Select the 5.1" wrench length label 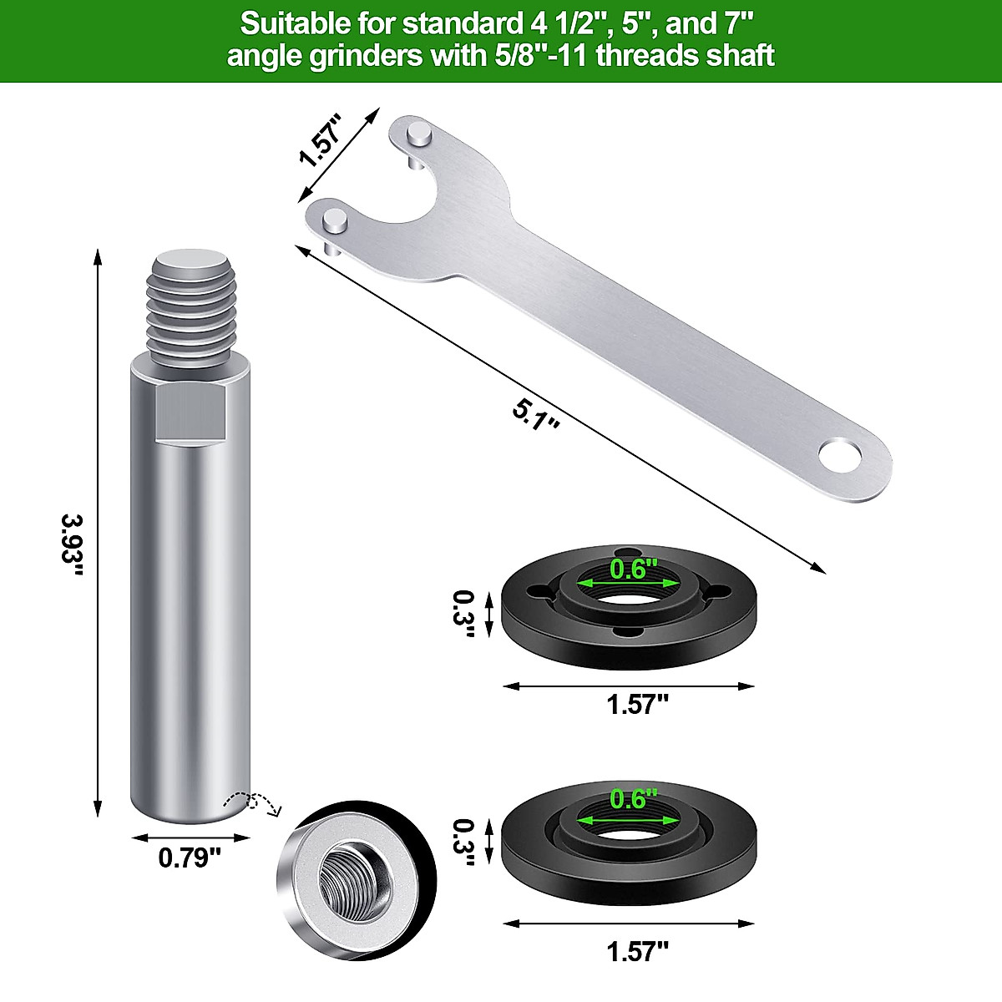pyautogui.click(x=535, y=414)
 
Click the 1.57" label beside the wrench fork pyautogui.click(x=321, y=142)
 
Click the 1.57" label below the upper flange pyautogui.click(x=637, y=705)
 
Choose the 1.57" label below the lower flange pyautogui.click(x=637, y=950)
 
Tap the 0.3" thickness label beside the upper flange pyautogui.click(x=463, y=614)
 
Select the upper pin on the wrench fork pyautogui.click(x=419, y=134)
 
